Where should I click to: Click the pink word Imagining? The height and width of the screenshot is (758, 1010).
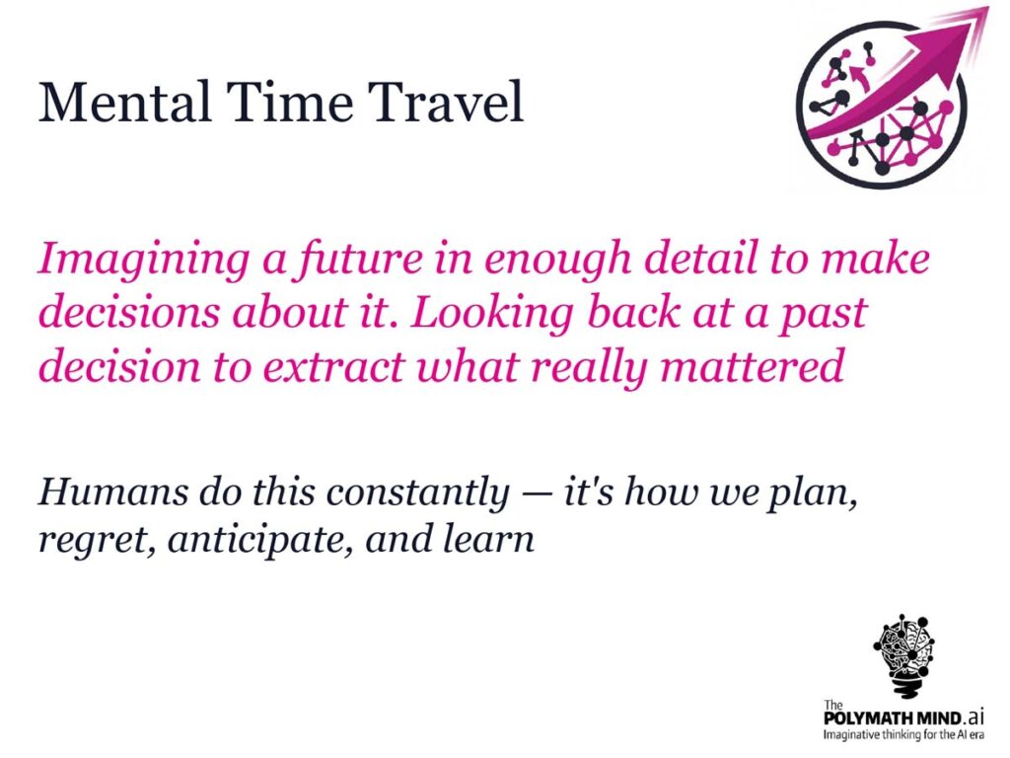[144, 261]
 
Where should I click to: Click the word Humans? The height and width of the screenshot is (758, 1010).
[112, 492]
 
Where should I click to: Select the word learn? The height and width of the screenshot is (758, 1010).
[489, 538]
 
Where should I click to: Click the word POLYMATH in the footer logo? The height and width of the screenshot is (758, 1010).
[868, 718]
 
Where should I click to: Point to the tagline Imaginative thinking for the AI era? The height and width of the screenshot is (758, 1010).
[903, 734]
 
